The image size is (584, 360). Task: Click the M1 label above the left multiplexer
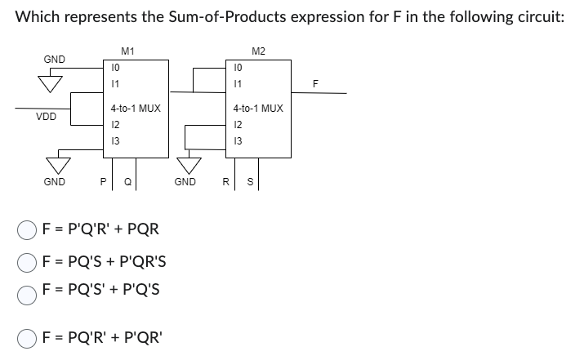point(127,51)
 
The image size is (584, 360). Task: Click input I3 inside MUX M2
point(237,140)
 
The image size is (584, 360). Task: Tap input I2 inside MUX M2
point(237,125)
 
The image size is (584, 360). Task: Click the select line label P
point(103,182)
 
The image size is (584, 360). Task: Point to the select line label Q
point(120,182)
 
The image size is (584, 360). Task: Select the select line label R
point(230,182)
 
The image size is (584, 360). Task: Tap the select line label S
point(247,182)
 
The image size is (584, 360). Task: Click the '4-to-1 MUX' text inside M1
point(136,108)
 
